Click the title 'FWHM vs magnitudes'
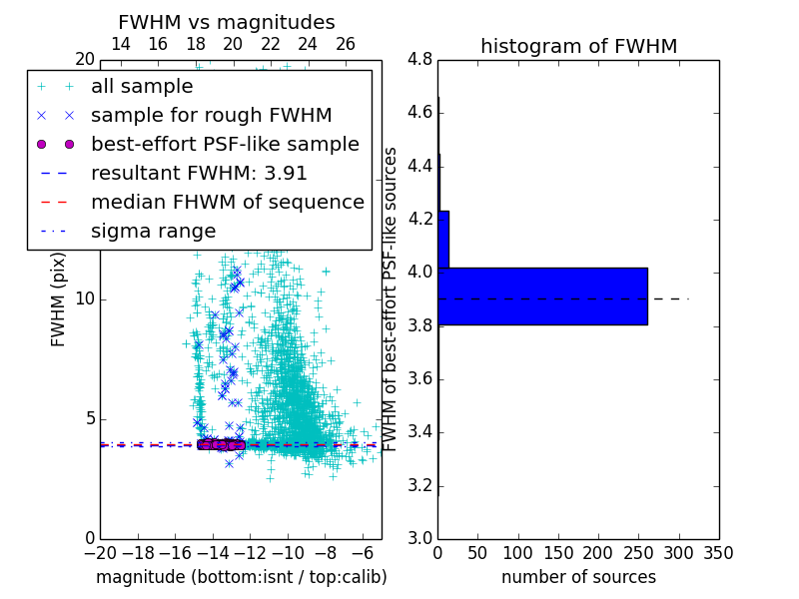coord(227,22)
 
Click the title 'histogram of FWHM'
coord(578,46)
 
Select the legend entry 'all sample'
coord(142,87)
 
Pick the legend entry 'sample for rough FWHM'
coord(211,116)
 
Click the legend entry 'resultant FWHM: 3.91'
coord(199,174)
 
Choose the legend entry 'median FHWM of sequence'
coord(227,203)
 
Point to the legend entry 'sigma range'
coord(153,232)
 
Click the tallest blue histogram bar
coord(542,297)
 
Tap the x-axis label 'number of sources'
coord(578,578)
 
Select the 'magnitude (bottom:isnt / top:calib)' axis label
coord(241,578)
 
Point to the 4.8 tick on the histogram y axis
coord(419,60)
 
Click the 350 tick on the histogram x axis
coord(718,553)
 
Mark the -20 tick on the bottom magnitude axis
coord(100,553)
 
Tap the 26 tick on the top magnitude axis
coord(346,44)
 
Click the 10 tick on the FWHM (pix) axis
coord(84,299)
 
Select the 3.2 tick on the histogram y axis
coord(419,485)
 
